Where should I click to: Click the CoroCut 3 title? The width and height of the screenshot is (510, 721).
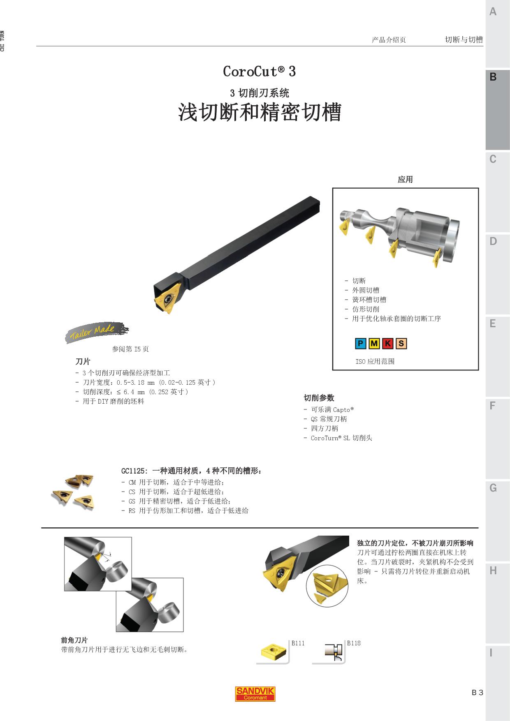point(259,72)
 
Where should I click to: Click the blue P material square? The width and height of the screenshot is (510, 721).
point(361,344)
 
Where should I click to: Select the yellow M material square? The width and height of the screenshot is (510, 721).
point(374,344)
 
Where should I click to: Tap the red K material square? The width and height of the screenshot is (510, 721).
point(388,344)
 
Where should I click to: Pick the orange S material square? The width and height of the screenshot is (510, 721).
point(401,344)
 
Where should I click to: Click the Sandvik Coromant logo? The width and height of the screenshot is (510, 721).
point(255,693)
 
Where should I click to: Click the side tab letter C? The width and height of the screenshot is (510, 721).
point(493,159)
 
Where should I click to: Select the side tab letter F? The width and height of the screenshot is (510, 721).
point(492,406)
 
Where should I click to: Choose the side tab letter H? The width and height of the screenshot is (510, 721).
point(493,571)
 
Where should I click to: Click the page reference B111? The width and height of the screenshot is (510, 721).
point(298,643)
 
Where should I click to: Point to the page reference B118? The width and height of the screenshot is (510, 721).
point(354,643)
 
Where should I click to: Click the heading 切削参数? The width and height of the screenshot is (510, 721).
point(319,398)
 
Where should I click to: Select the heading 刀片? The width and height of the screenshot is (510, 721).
point(83,362)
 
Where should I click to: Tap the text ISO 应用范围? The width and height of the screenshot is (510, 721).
point(375,361)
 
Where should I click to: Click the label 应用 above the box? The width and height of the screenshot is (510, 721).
point(405,180)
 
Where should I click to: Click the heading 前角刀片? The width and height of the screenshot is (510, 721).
point(74,640)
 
